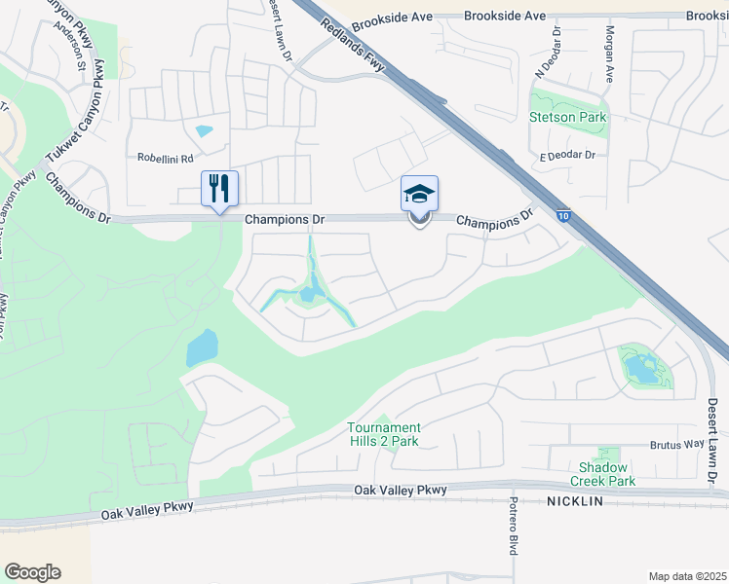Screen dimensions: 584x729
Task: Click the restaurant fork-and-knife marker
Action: click(218, 188)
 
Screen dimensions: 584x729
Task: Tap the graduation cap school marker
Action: click(419, 193)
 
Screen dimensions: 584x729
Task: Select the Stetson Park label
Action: click(567, 117)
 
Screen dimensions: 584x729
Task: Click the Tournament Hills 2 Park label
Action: click(385, 434)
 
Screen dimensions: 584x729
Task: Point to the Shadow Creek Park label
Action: click(606, 474)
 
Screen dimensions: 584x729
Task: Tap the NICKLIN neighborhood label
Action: click(574, 501)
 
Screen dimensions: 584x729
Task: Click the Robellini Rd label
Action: click(166, 158)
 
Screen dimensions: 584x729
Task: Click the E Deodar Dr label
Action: click(566, 156)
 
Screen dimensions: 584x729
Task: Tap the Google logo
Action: click(32, 571)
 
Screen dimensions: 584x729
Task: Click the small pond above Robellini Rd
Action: click(204, 130)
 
